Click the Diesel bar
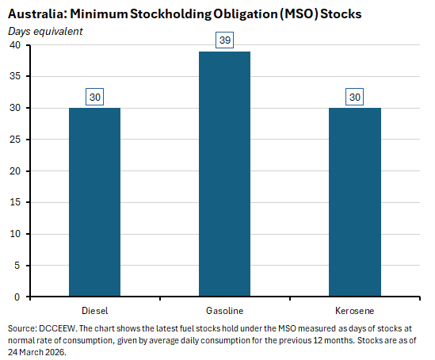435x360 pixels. [95, 202]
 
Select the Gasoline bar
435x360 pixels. [224, 174]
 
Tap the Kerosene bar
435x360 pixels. [354, 202]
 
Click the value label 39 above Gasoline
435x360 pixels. [224, 40]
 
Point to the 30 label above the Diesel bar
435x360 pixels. [95, 96]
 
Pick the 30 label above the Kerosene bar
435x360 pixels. [354, 96]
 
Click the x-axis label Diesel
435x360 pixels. [95, 310]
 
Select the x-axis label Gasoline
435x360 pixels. [224, 310]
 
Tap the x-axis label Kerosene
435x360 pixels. [354, 310]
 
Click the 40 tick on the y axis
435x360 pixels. [15, 45]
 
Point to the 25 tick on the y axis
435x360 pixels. [15, 140]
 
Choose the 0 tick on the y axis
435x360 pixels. [18, 297]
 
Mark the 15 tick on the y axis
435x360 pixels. [15, 203]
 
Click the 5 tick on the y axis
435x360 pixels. [18, 266]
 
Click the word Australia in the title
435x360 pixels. [36, 14]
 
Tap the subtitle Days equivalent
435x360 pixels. [45, 31]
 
